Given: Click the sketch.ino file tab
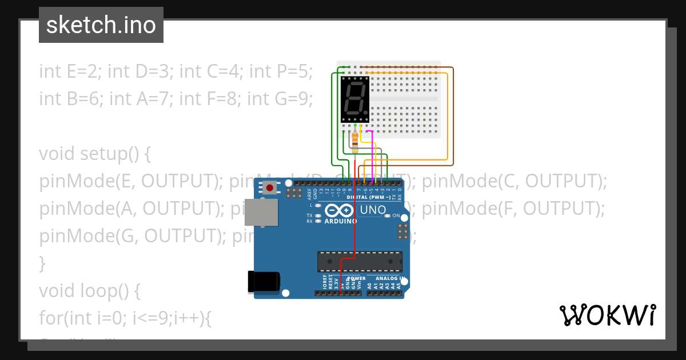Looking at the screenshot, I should click(x=101, y=25).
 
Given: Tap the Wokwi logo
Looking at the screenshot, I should click(x=607, y=315).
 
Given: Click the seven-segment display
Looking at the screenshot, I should click(x=355, y=99).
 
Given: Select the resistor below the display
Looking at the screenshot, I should click(x=355, y=141).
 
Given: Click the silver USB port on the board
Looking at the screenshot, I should click(x=261, y=212).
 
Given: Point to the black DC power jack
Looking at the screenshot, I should click(x=264, y=282).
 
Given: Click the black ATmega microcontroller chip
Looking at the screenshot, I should click(x=360, y=261).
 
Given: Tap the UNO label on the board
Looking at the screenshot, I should click(x=373, y=210).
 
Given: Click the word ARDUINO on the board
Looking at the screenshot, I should click(x=341, y=221).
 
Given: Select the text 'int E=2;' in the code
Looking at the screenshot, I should click(x=71, y=71).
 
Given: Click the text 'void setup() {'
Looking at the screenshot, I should click(x=94, y=154).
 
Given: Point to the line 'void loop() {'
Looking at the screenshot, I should click(x=89, y=291).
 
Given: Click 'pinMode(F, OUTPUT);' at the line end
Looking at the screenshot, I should click(x=513, y=209).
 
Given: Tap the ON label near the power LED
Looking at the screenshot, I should click(x=396, y=215).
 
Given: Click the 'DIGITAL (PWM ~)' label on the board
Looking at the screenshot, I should click(x=368, y=197).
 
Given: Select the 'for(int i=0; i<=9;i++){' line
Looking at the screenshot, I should click(x=125, y=318).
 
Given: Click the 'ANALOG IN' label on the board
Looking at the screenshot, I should click(x=390, y=278).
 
